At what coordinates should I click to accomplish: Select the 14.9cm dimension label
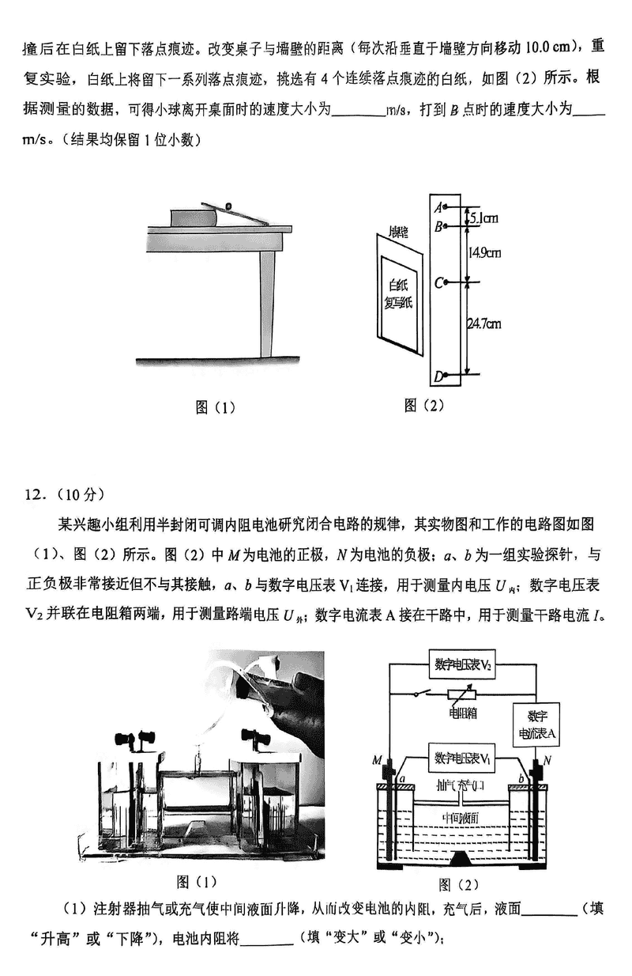pos(483,253)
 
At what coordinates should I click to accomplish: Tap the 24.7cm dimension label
pos(484,323)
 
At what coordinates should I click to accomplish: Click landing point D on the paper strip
pos(446,375)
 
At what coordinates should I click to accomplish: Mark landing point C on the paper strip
pos(446,282)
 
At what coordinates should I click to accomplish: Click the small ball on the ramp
pos(229,207)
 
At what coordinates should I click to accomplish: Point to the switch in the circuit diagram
pos(423,694)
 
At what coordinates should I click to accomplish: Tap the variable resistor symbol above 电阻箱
pos(463,694)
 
